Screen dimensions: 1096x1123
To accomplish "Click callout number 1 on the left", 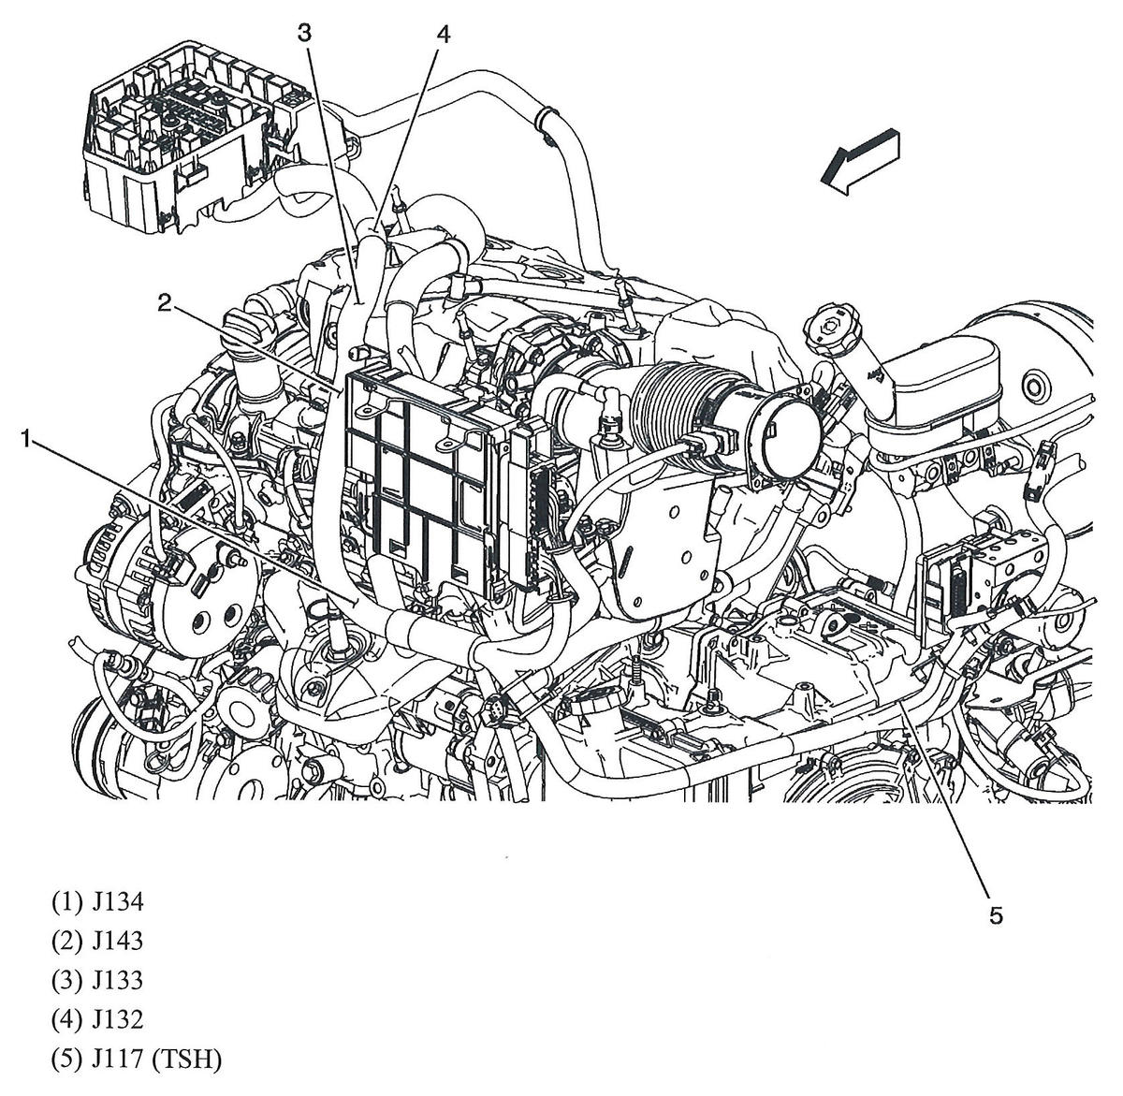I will [x=29, y=437].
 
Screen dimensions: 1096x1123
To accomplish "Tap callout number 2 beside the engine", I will [x=164, y=301].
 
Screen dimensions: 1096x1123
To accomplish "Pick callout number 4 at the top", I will [x=443, y=35].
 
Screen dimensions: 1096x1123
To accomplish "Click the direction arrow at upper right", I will [x=860, y=160].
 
